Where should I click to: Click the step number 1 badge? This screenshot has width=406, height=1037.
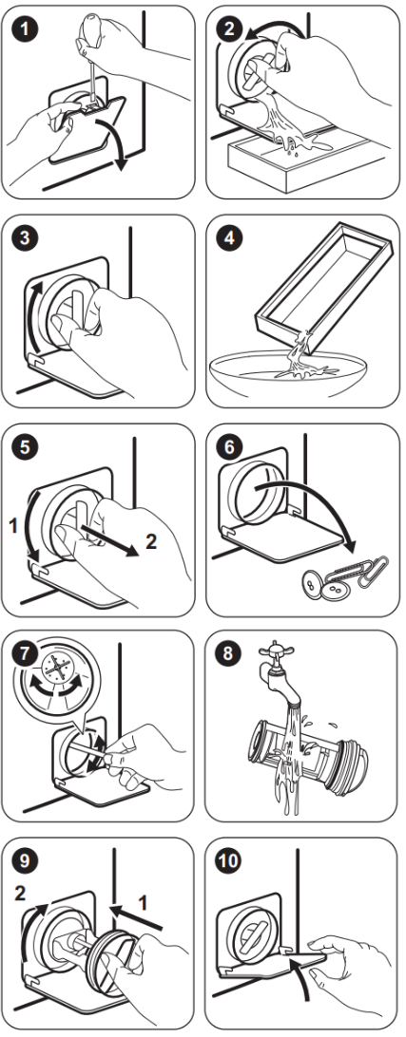click(x=26, y=29)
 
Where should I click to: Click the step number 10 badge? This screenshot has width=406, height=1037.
click(x=230, y=861)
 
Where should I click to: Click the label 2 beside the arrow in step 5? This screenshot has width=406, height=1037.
click(x=151, y=542)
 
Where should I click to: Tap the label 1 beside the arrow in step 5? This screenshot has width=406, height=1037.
click(x=12, y=526)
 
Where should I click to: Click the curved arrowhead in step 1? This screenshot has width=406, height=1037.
click(x=119, y=161)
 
